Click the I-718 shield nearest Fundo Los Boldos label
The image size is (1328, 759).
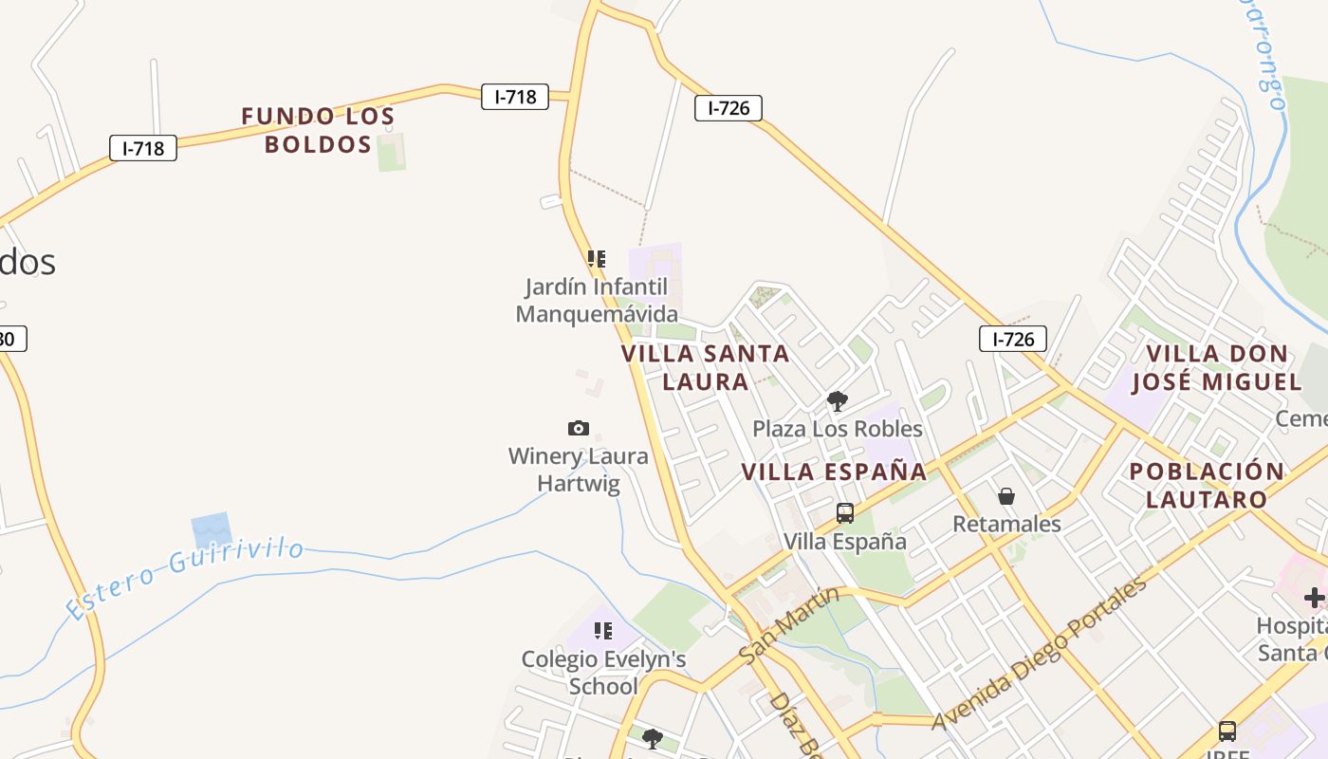coord(515,97)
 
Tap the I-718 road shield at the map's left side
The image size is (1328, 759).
coord(143,148)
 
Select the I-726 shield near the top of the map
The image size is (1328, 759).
coord(729,108)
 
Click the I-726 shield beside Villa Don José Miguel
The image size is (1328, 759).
coord(1013,339)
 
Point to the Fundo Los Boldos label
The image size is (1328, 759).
coord(318,130)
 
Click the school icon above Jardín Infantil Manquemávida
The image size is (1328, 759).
coord(596,258)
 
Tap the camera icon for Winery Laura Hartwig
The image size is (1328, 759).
coord(578,428)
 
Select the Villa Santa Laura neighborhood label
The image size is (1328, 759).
coord(706,367)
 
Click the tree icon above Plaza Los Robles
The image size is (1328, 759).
coord(837,401)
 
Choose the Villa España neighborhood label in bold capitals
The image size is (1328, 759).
coord(834,472)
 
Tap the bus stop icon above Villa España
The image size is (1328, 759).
coord(844,513)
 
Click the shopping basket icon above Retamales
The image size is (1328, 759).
coord(1006,496)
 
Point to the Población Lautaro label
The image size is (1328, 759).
coord(1207,485)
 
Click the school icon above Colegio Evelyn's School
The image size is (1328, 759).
coord(602,630)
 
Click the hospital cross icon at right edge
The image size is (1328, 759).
coord(1315,597)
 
